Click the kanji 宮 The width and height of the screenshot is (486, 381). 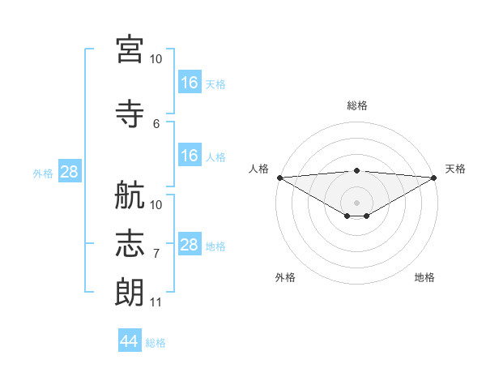[x=130, y=49]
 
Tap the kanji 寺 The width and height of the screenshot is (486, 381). [x=130, y=114]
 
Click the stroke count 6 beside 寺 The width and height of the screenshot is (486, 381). [x=156, y=123]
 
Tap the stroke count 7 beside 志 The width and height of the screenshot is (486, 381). [x=156, y=254]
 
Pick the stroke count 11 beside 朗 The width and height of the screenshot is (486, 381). [x=156, y=302]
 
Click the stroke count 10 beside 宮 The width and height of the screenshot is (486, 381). [x=156, y=58]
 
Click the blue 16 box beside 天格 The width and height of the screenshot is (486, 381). [x=189, y=82]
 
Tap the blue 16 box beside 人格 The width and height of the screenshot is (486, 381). [x=189, y=156]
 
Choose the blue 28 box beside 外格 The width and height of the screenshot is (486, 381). [x=69, y=172]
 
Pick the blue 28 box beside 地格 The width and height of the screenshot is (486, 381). [x=189, y=245]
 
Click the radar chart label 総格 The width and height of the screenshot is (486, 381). [x=356, y=105]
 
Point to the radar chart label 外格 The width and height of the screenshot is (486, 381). [x=285, y=277]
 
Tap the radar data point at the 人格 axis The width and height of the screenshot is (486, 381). [x=279, y=178]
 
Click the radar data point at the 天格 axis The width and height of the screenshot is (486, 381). [x=433, y=178]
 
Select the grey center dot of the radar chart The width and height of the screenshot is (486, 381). [x=356, y=201]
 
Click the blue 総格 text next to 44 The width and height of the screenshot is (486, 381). [x=156, y=343]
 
